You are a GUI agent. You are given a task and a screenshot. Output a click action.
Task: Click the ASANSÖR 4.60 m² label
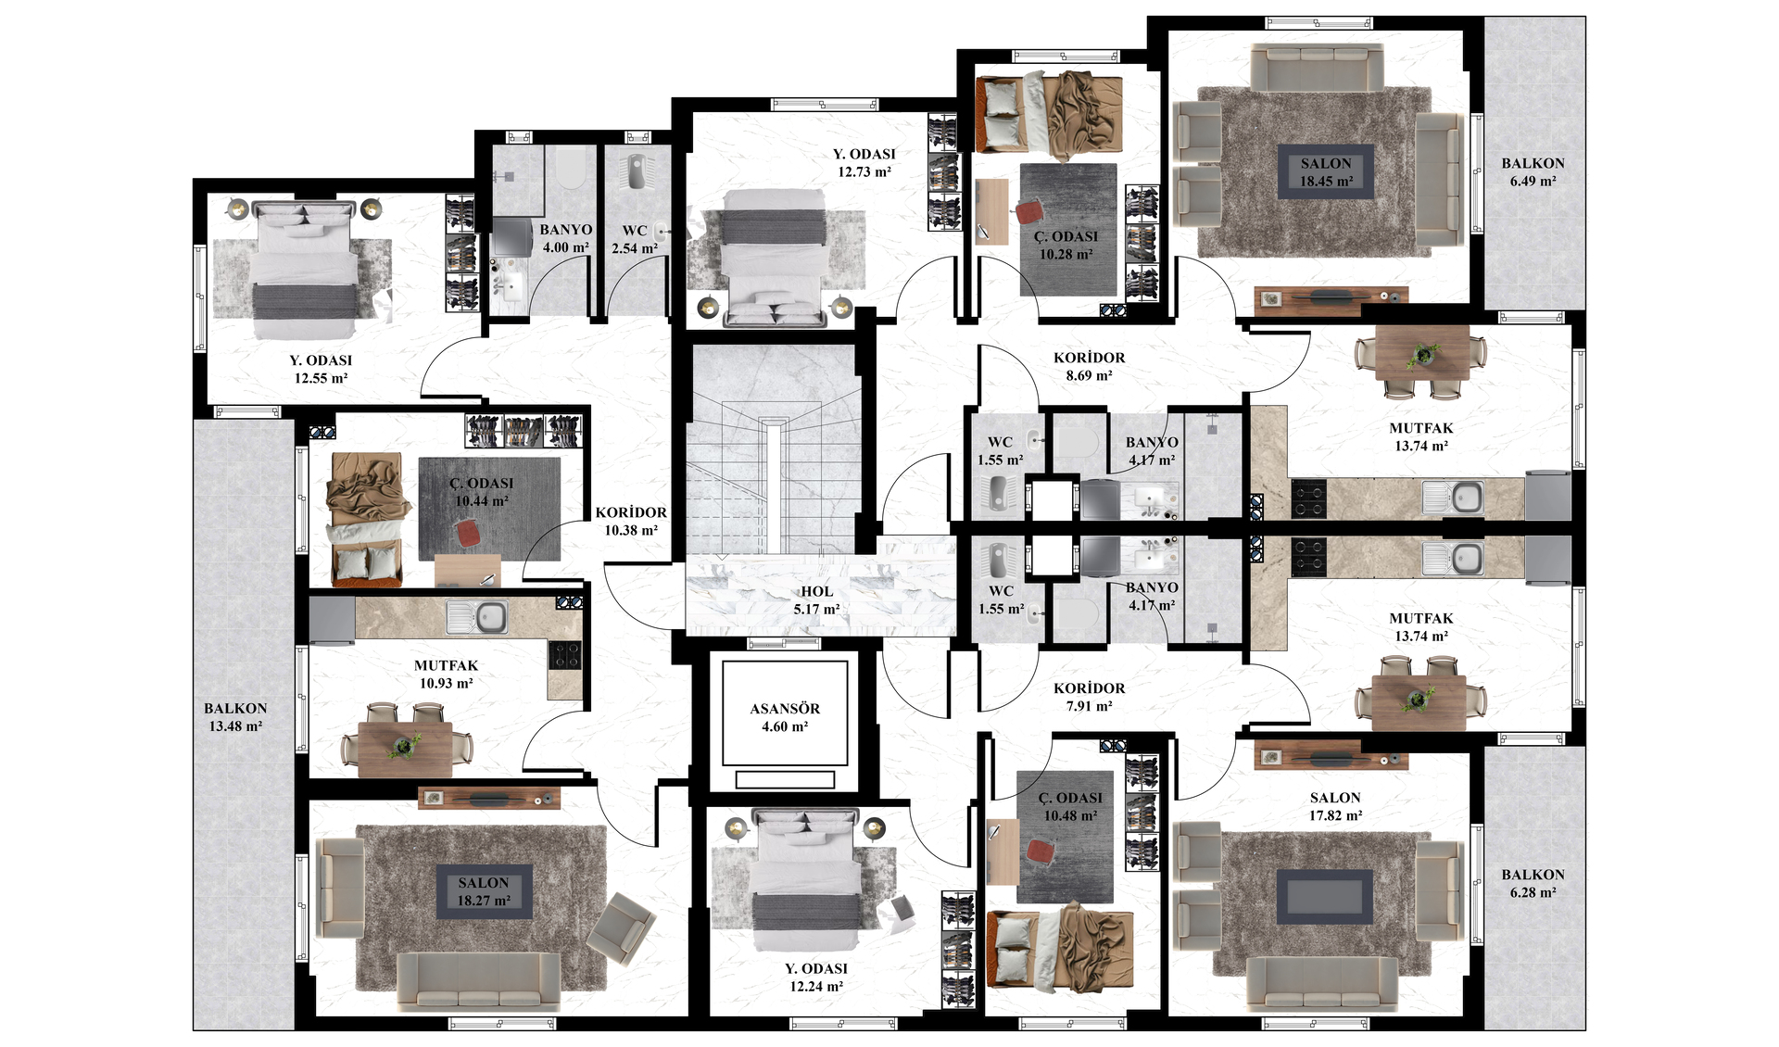tap(785, 717)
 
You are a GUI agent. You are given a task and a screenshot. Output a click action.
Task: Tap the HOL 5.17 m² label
tap(816, 599)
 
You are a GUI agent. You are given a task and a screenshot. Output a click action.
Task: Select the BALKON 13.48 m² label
tap(235, 717)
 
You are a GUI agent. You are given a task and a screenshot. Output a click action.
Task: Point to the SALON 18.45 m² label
tap(1326, 171)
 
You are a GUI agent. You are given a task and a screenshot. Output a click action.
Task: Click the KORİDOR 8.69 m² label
tap(1089, 366)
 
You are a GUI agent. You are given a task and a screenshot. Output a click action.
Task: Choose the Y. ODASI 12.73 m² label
tap(864, 162)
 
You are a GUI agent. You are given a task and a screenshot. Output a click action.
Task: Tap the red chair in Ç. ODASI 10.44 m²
tap(468, 533)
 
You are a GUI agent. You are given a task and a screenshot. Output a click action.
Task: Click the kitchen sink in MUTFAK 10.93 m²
tap(478, 616)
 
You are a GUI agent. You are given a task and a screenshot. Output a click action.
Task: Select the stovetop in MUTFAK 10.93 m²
tap(565, 654)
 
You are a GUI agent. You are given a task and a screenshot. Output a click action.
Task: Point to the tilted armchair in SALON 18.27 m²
tap(621, 927)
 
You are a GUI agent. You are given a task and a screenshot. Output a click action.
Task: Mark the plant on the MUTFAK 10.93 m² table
tap(405, 746)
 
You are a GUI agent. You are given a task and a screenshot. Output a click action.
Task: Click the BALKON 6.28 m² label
tap(1533, 883)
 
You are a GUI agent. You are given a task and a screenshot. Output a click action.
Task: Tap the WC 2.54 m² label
tap(635, 239)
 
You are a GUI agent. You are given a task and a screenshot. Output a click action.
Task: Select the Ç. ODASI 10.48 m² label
tap(1070, 806)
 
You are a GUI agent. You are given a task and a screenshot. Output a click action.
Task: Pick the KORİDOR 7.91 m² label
tap(1089, 697)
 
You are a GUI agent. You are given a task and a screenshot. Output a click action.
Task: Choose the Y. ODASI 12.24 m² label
tap(815, 977)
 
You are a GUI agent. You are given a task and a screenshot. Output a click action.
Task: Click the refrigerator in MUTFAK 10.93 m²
tap(332, 620)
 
